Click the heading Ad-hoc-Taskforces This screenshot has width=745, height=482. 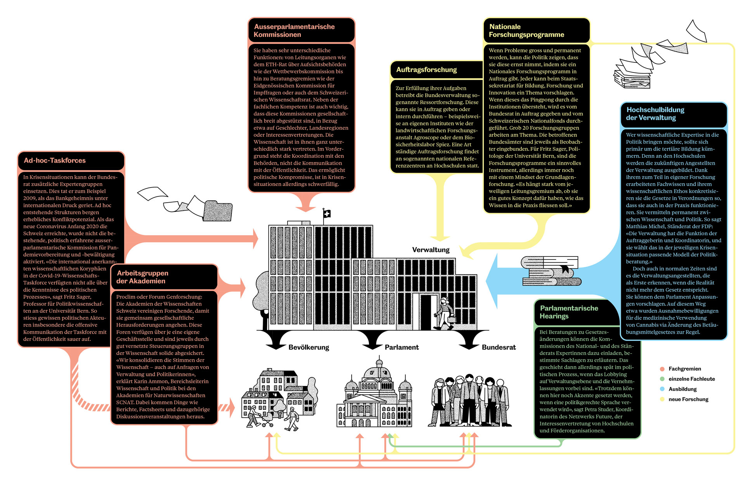(55, 160)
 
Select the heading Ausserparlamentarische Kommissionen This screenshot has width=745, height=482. (294, 31)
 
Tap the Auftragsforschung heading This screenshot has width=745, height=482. (426, 70)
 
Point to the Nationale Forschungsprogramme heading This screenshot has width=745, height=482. (526, 31)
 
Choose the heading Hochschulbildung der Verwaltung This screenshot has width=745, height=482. (655, 114)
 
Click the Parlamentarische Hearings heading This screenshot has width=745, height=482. (568, 312)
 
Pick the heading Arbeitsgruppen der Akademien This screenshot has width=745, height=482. (142, 277)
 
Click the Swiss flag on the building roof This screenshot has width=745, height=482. (327, 213)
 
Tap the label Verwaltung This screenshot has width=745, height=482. (431, 250)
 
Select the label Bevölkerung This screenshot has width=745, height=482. (308, 348)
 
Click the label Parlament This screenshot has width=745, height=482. (402, 348)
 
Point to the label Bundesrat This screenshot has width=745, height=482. (499, 348)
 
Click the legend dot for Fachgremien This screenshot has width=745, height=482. (662, 369)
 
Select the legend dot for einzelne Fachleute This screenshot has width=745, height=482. (662, 379)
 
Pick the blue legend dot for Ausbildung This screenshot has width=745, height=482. (662, 389)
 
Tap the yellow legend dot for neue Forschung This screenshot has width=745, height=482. (662, 399)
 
